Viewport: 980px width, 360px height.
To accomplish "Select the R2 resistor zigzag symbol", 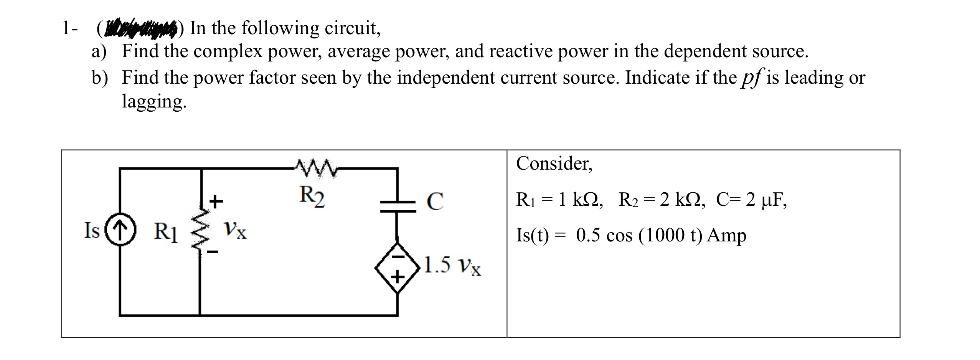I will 315,168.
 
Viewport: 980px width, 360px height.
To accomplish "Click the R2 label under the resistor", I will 312,196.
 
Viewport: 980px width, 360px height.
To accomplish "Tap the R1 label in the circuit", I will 166,233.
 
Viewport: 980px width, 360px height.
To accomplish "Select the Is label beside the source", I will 92,231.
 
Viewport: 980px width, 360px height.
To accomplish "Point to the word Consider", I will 554,163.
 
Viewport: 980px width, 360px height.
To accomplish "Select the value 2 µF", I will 766,200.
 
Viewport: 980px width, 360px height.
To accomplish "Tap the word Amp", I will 727,236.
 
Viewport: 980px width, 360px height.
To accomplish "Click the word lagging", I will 154,102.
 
